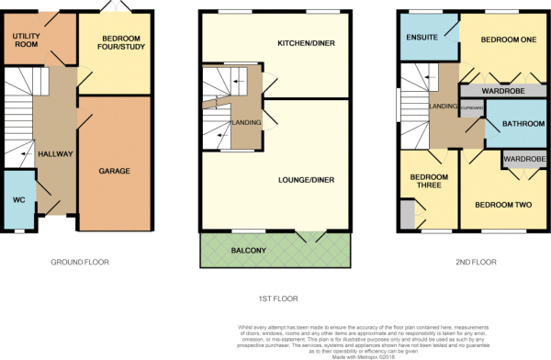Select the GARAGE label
point(115,171)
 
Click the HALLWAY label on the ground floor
point(54,154)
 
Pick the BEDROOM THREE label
point(427,180)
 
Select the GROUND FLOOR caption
point(79,263)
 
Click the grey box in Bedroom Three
point(406,219)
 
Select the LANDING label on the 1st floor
point(246,123)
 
